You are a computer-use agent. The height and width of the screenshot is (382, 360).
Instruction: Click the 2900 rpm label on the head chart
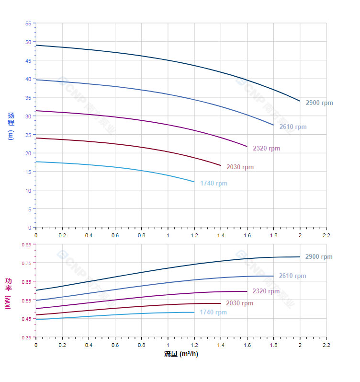pyautogui.click(x=319, y=103)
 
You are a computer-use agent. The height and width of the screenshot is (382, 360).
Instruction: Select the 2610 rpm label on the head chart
pyautogui.click(x=293, y=127)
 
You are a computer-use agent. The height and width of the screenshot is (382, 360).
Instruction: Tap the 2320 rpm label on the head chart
pyautogui.click(x=267, y=149)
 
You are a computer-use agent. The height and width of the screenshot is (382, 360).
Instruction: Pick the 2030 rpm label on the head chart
pyautogui.click(x=240, y=167)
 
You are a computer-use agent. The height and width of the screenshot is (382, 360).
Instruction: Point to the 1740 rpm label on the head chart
pyautogui.click(x=214, y=184)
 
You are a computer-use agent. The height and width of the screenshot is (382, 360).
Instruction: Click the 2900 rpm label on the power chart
pyautogui.click(x=318, y=257)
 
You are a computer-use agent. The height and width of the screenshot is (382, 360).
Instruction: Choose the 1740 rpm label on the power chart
pyautogui.click(x=214, y=313)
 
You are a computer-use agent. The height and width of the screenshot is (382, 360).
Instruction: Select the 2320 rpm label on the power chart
pyautogui.click(x=266, y=291)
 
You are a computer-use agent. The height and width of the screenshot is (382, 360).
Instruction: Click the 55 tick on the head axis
pyautogui.click(x=28, y=23)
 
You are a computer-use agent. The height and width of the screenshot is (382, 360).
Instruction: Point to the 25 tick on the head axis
pyautogui.click(x=28, y=135)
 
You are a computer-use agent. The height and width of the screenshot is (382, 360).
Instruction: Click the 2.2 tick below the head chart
pyautogui.click(x=326, y=236)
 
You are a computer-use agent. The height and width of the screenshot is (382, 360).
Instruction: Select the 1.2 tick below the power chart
pyautogui.click(x=194, y=345)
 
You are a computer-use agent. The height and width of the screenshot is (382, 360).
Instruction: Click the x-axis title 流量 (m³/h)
pyautogui.click(x=181, y=354)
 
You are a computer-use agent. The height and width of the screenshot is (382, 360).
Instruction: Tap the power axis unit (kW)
pyautogui.click(x=8, y=302)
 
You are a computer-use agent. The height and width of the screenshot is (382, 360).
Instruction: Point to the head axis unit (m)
pyautogui.click(x=10, y=135)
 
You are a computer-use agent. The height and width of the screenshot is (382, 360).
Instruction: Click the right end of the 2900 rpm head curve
pyautogui.click(x=300, y=101)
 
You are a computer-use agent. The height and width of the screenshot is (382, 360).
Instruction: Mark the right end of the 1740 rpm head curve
pyautogui.click(x=194, y=182)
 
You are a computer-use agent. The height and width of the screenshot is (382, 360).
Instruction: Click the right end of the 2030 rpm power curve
pyautogui.click(x=221, y=303)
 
